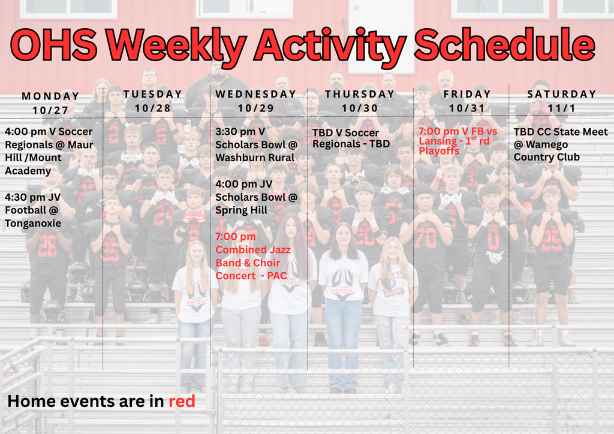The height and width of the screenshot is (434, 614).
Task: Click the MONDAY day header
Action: click(50, 96)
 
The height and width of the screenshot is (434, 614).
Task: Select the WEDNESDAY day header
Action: click(256, 94)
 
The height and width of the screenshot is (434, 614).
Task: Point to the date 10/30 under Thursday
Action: click(360, 108)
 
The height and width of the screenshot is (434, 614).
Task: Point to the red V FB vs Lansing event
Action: click(458, 141)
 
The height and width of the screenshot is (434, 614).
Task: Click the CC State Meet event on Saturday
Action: click(560, 144)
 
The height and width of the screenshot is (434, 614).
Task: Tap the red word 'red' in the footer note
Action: click(182, 401)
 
